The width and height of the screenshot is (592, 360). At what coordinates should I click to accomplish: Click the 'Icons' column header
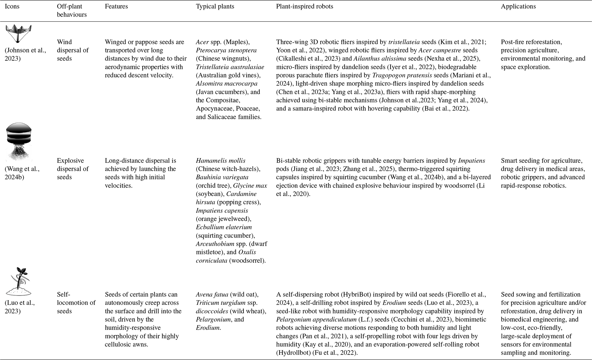12,7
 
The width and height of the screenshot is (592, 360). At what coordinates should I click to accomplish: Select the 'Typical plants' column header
215,7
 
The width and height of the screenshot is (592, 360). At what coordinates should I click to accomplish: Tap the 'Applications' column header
518,7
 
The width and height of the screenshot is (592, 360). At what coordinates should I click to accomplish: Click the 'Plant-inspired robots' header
304,7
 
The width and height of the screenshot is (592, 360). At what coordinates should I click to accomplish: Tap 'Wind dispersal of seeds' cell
73,50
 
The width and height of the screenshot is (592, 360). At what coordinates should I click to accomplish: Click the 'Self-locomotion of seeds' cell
76,303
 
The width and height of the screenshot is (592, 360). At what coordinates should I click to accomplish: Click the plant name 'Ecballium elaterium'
224,227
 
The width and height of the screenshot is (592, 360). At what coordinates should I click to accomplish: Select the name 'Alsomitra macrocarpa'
227,84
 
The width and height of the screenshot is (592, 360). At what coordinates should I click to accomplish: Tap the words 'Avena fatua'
212,294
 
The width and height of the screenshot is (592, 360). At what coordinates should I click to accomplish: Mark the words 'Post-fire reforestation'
531,42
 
